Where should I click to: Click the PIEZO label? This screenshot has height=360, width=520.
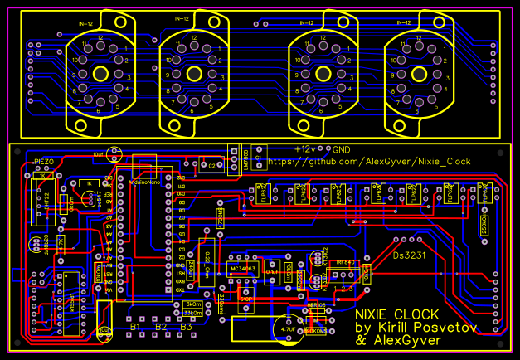coord(44,160)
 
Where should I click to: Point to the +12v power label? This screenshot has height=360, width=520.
coord(306,148)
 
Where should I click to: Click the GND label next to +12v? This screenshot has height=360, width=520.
coord(340,148)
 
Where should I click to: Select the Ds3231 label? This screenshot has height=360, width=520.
coord(409,255)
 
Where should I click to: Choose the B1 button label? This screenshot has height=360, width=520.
coord(136,328)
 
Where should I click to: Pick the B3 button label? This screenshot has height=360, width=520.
coord(186,328)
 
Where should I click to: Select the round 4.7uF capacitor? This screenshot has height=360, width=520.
coord(288,328)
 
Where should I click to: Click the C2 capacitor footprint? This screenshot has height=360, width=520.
coord(211,166)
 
